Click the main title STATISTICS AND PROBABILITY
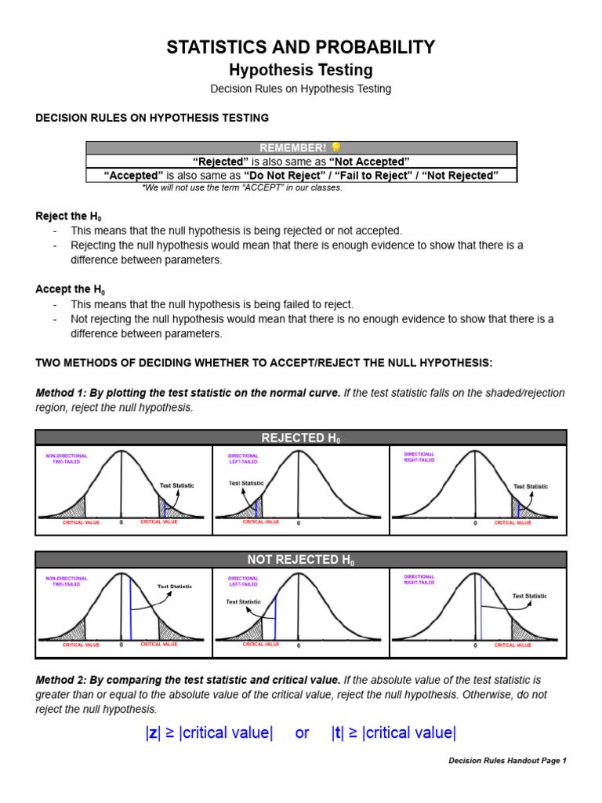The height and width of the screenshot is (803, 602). [300, 47]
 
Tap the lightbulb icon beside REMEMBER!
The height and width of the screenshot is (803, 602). [336, 147]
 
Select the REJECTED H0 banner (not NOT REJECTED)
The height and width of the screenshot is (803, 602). [301, 438]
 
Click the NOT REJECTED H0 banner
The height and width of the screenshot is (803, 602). [301, 560]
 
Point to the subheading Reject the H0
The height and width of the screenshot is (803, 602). [68, 216]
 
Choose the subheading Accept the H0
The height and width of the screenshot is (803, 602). [68, 289]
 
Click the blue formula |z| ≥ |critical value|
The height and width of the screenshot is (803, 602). [209, 733]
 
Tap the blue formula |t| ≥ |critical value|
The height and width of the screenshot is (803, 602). [393, 733]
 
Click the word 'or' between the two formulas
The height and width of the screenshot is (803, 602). [302, 733]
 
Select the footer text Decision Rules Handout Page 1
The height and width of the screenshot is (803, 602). [506, 761]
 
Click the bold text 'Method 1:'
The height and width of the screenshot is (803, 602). [61, 393]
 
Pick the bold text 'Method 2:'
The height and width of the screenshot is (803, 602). [61, 680]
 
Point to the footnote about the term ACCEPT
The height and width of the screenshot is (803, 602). [242, 188]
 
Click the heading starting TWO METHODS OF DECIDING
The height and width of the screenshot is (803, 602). [264, 363]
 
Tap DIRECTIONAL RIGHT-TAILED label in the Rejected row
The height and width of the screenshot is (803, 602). [419, 457]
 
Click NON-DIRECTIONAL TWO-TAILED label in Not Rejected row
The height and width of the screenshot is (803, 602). [67, 581]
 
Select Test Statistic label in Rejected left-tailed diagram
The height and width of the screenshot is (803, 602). [245, 483]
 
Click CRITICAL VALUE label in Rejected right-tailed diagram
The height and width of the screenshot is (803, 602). [513, 522]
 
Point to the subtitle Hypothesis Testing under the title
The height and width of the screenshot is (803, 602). [300, 70]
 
